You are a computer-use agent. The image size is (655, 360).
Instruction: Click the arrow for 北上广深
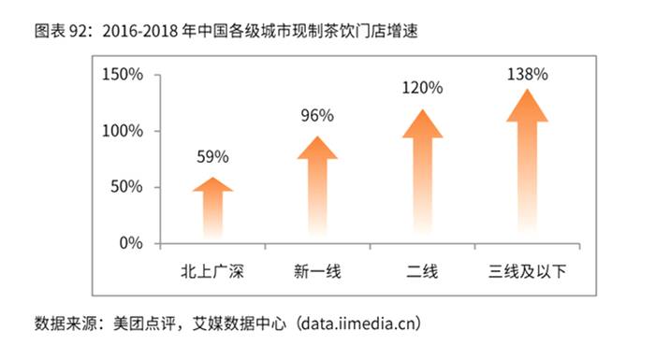212,209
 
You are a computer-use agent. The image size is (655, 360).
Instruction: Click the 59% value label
212,156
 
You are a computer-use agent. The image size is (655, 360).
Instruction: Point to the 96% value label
317,116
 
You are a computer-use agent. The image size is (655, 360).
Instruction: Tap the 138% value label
527,72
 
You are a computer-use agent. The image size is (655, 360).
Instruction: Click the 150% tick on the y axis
124,75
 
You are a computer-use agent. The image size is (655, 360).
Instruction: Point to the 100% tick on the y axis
124,131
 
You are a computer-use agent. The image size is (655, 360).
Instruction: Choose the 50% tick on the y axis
127,187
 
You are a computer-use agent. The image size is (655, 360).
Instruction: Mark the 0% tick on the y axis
131,243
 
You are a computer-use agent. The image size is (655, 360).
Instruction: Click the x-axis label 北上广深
212,273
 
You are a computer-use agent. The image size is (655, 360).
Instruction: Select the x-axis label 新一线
317,273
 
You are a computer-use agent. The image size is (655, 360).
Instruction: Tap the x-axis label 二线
422,273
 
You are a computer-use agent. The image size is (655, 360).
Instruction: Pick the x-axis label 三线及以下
527,273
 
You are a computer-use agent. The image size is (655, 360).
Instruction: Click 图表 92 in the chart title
62,32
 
